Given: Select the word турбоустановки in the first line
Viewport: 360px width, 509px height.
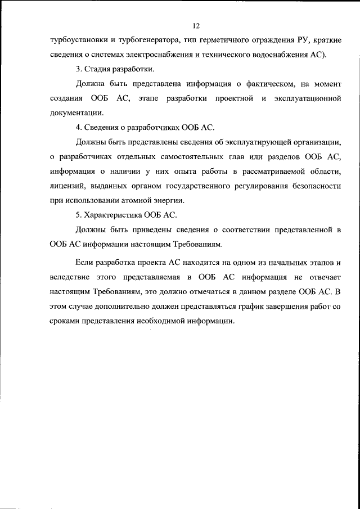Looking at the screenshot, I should coord(77,40).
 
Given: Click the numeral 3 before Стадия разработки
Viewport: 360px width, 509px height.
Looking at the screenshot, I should coord(78,69).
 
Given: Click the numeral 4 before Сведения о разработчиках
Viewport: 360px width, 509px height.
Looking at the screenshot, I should coord(78,128).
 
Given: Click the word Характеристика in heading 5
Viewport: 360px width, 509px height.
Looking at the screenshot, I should coord(112,215).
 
